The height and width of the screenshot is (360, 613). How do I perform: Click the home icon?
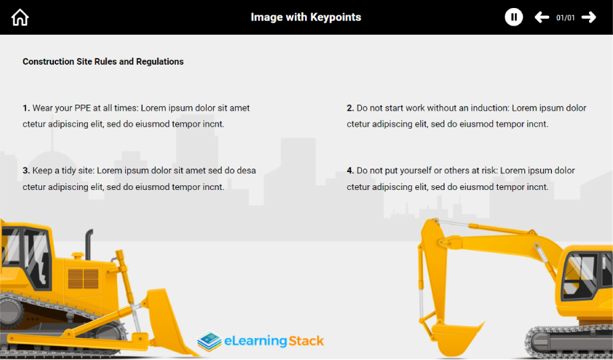(x=21, y=17)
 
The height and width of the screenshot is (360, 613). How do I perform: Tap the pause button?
(x=514, y=17)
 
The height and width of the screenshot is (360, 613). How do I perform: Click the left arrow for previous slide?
(x=542, y=17)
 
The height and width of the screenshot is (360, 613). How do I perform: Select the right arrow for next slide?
(x=589, y=17)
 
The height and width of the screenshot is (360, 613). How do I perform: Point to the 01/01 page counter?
(x=566, y=18)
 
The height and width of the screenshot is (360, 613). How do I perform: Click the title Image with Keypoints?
(x=306, y=17)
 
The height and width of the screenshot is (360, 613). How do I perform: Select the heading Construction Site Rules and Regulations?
(x=103, y=61)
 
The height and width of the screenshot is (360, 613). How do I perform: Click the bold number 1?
(x=26, y=108)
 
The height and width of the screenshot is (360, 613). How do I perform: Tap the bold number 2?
(x=350, y=108)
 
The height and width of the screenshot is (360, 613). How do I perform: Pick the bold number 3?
(x=26, y=171)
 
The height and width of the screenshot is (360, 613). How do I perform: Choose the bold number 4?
(x=350, y=171)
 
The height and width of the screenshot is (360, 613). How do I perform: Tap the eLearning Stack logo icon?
(x=209, y=342)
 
